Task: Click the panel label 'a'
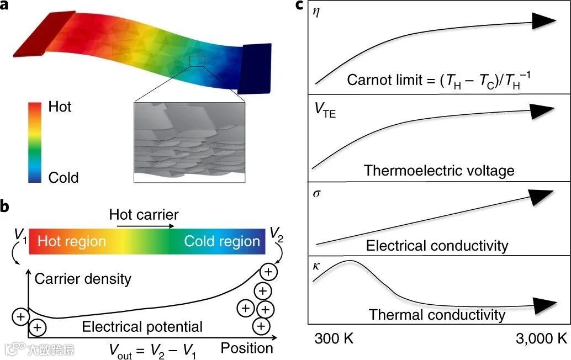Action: point(6,7)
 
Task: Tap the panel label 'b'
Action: point(6,205)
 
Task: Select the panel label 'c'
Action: point(299,6)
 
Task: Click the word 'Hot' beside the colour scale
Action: point(60,107)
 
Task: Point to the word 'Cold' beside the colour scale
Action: point(64,177)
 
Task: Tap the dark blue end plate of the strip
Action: point(255,68)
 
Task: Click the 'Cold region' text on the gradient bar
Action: point(222,242)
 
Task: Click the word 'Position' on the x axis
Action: point(247,348)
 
